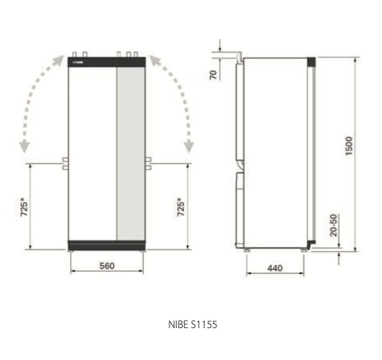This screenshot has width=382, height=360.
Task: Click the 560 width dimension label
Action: coord(107,266)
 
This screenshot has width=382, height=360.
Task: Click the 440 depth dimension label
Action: coord(275,268)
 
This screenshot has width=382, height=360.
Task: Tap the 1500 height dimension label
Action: coord(349,146)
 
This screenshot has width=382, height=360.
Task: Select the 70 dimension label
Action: coord(213,75)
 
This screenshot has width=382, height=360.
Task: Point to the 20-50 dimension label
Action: coord(333,225)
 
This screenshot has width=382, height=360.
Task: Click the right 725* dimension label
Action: coord(181,207)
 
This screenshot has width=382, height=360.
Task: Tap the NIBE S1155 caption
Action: coord(193,324)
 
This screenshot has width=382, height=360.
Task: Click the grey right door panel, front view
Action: coord(131,154)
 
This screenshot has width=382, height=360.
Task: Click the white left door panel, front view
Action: coord(92,154)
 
